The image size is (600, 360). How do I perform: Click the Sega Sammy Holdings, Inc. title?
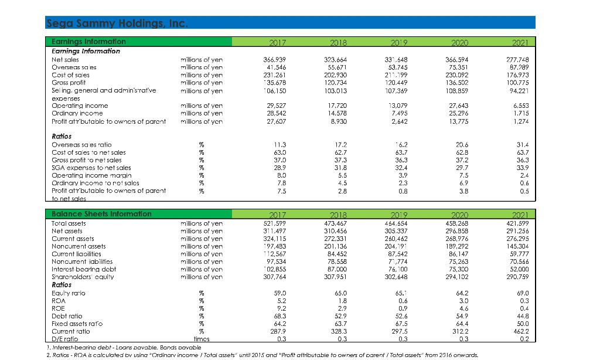coord(116,23)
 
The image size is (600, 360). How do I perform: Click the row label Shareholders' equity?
coord(83,277)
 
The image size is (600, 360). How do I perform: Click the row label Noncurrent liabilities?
coord(81,261)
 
